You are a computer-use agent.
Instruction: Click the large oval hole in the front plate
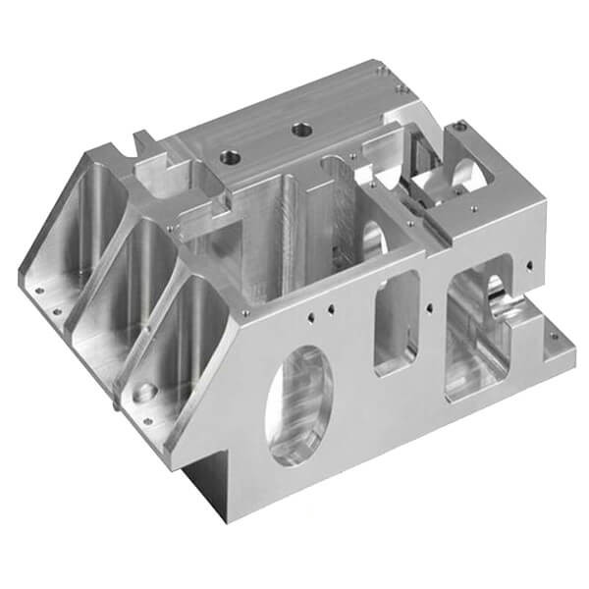[x=299, y=402]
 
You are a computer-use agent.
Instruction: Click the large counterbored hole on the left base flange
[x=144, y=393]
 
